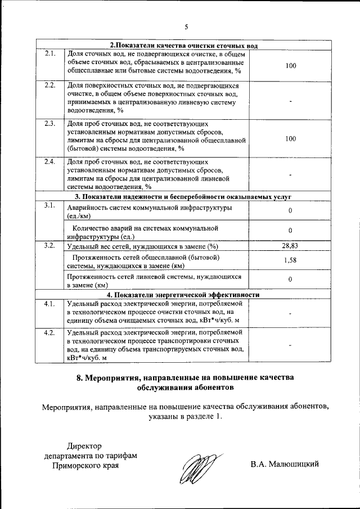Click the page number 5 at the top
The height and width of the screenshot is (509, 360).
click(x=186, y=26)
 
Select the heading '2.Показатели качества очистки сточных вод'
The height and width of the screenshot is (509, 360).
click(x=183, y=46)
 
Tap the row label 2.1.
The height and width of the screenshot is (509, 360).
click(x=49, y=54)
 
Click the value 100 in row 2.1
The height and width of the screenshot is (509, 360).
click(x=290, y=66)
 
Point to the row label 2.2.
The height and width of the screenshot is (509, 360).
click(x=49, y=85)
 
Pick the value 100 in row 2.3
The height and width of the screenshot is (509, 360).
click(x=290, y=138)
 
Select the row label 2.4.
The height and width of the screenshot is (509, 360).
click(x=49, y=162)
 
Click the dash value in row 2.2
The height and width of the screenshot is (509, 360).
click(x=290, y=101)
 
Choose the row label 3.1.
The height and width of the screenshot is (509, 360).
click(x=49, y=205)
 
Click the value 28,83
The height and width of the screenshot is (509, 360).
click(x=290, y=246)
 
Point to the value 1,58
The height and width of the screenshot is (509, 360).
click(x=290, y=260)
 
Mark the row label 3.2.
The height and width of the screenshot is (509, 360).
click(x=49, y=246)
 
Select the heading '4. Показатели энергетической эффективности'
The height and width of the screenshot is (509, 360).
click(x=183, y=295)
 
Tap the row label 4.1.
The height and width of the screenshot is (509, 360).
click(x=49, y=304)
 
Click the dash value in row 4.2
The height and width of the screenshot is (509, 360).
click(x=290, y=345)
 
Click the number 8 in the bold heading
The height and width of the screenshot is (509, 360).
click(x=80, y=378)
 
